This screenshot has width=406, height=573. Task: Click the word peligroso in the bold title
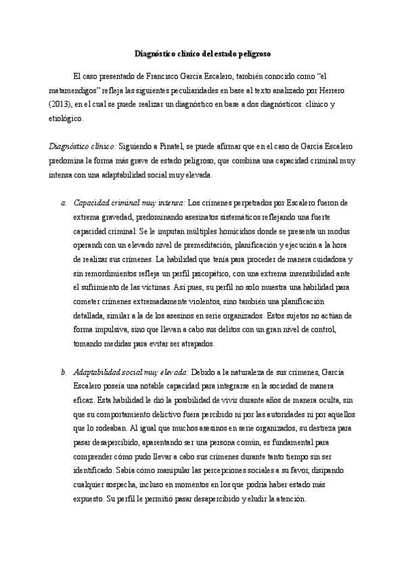point(256,53)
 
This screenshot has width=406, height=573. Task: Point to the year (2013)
point(60,105)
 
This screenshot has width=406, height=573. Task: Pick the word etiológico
point(65,119)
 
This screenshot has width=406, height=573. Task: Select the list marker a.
point(64,203)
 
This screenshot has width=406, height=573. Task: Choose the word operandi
point(89,245)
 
